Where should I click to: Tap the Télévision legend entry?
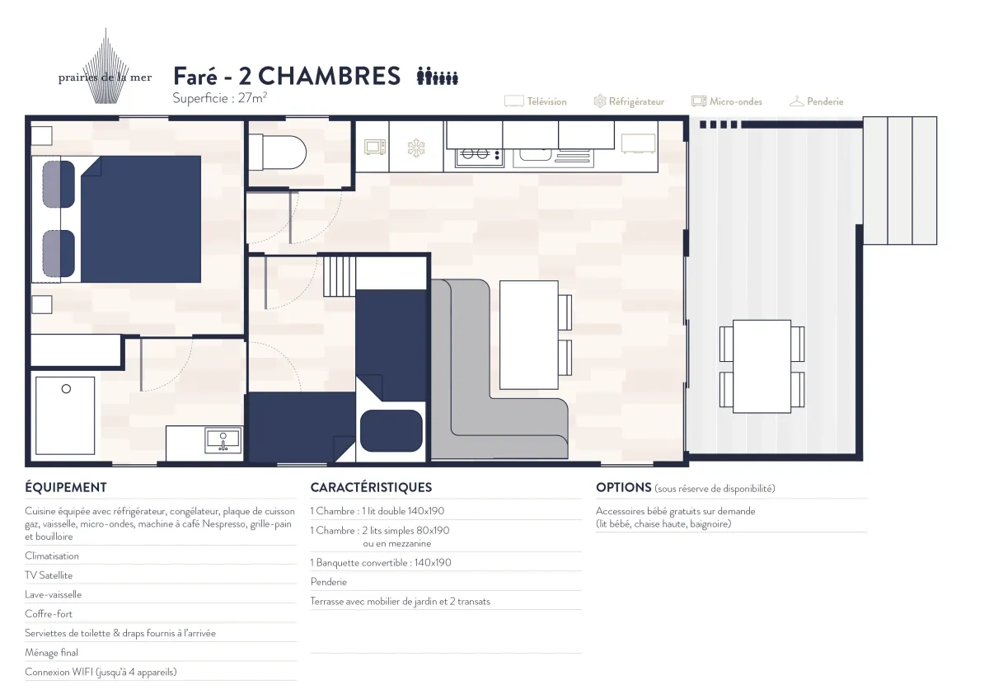[x=536, y=101]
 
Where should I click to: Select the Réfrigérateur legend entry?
[x=629, y=101]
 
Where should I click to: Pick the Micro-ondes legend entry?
[x=726, y=101]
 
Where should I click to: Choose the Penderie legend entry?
[x=816, y=101]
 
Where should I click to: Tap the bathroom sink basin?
[x=223, y=439]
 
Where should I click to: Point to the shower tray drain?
[x=66, y=388]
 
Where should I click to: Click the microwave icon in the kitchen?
[x=376, y=148]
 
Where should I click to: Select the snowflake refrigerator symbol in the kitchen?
[x=417, y=148]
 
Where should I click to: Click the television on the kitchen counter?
[x=638, y=143]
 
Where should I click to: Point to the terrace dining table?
[x=762, y=366]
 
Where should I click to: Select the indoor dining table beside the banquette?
[x=529, y=335]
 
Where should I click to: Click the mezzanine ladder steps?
[x=339, y=276]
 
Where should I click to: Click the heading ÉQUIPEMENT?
[x=66, y=487]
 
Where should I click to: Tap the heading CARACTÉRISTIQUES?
[x=371, y=487]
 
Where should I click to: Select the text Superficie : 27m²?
[x=219, y=98]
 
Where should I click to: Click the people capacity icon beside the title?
[x=438, y=77]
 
